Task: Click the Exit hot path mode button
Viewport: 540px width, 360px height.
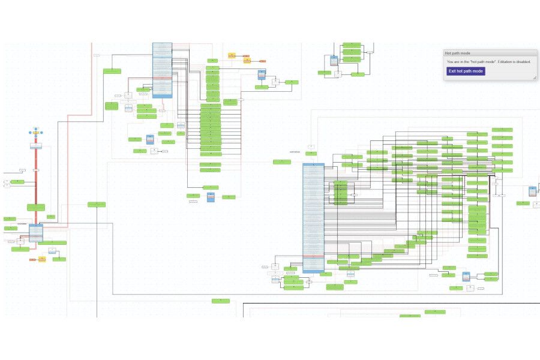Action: pos(466,71)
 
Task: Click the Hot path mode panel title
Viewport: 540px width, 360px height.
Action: pos(458,53)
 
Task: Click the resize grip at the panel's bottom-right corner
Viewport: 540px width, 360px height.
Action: pos(534,77)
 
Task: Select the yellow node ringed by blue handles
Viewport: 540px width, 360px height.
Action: pos(36,131)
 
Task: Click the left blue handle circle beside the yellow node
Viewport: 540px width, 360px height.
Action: pos(30,131)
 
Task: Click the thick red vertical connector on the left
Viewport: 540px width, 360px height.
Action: pos(36,180)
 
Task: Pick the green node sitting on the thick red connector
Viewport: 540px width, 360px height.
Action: pos(35,207)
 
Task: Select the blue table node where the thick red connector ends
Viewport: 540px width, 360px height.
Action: pos(36,232)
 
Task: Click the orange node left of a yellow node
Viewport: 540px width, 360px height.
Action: pos(34,259)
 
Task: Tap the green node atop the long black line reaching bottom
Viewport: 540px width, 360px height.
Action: pos(96,205)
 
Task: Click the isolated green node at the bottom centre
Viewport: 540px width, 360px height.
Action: pos(220,301)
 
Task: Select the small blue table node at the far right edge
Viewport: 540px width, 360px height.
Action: pos(532,191)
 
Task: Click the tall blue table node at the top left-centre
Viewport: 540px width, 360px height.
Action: pos(162,70)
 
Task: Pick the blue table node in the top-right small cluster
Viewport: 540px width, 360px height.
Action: pos(334,61)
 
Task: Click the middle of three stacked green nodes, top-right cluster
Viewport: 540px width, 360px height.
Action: pos(352,52)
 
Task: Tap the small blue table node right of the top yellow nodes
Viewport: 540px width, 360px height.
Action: pos(262,75)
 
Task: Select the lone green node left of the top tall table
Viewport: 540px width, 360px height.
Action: pos(112,71)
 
